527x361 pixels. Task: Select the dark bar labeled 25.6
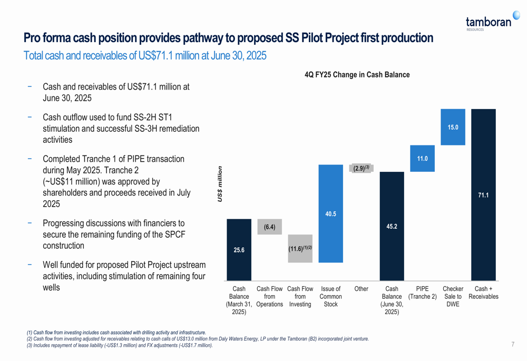click(x=239, y=250)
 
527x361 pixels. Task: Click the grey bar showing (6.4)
click(x=269, y=227)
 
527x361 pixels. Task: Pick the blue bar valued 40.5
click(x=330, y=213)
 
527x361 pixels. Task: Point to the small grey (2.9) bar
click(x=361, y=168)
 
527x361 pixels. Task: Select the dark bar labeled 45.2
click(x=392, y=226)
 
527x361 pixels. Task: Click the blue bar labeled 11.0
click(x=422, y=158)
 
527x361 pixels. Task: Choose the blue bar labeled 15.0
click(x=453, y=127)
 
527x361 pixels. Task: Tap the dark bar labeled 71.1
click(x=483, y=195)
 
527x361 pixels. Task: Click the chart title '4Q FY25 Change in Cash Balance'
click(x=357, y=75)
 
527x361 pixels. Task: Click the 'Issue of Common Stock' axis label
click(x=330, y=297)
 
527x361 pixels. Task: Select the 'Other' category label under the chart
click(x=361, y=289)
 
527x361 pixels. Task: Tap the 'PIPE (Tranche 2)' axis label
click(x=422, y=292)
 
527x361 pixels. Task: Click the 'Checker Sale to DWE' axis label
click(x=453, y=297)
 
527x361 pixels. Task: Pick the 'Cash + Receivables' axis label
click(x=483, y=292)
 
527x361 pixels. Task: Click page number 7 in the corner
click(x=513, y=345)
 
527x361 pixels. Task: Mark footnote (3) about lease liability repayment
click(x=120, y=345)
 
